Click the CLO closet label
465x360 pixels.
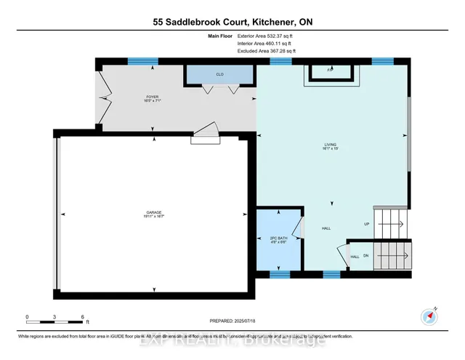(x=218, y=74)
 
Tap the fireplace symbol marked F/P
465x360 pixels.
(x=330, y=71)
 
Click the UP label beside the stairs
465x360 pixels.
(x=367, y=224)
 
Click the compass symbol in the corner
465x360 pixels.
(x=428, y=316)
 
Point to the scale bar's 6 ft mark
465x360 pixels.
(x=84, y=317)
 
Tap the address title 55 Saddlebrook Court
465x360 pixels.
(x=232, y=22)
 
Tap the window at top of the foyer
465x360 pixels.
(x=138, y=61)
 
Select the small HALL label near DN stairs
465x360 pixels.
(x=355, y=257)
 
